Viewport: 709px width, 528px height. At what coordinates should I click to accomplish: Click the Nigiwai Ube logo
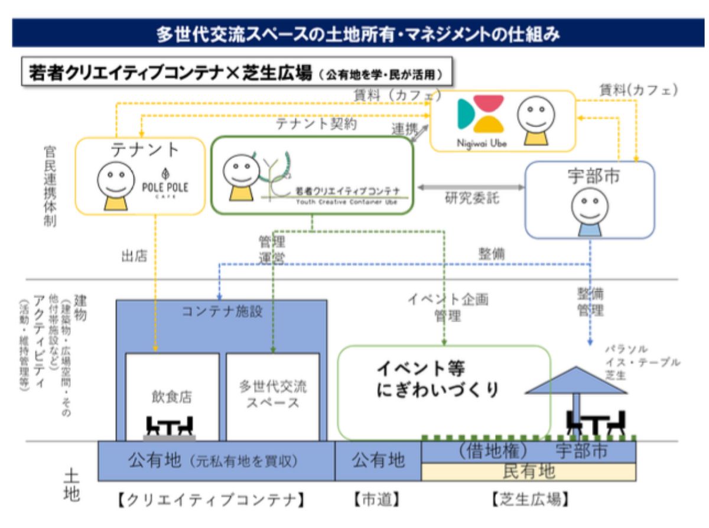(480, 119)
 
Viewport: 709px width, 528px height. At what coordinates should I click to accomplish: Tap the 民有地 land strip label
(529, 471)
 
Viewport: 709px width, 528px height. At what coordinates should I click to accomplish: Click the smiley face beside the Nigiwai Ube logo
(536, 119)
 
